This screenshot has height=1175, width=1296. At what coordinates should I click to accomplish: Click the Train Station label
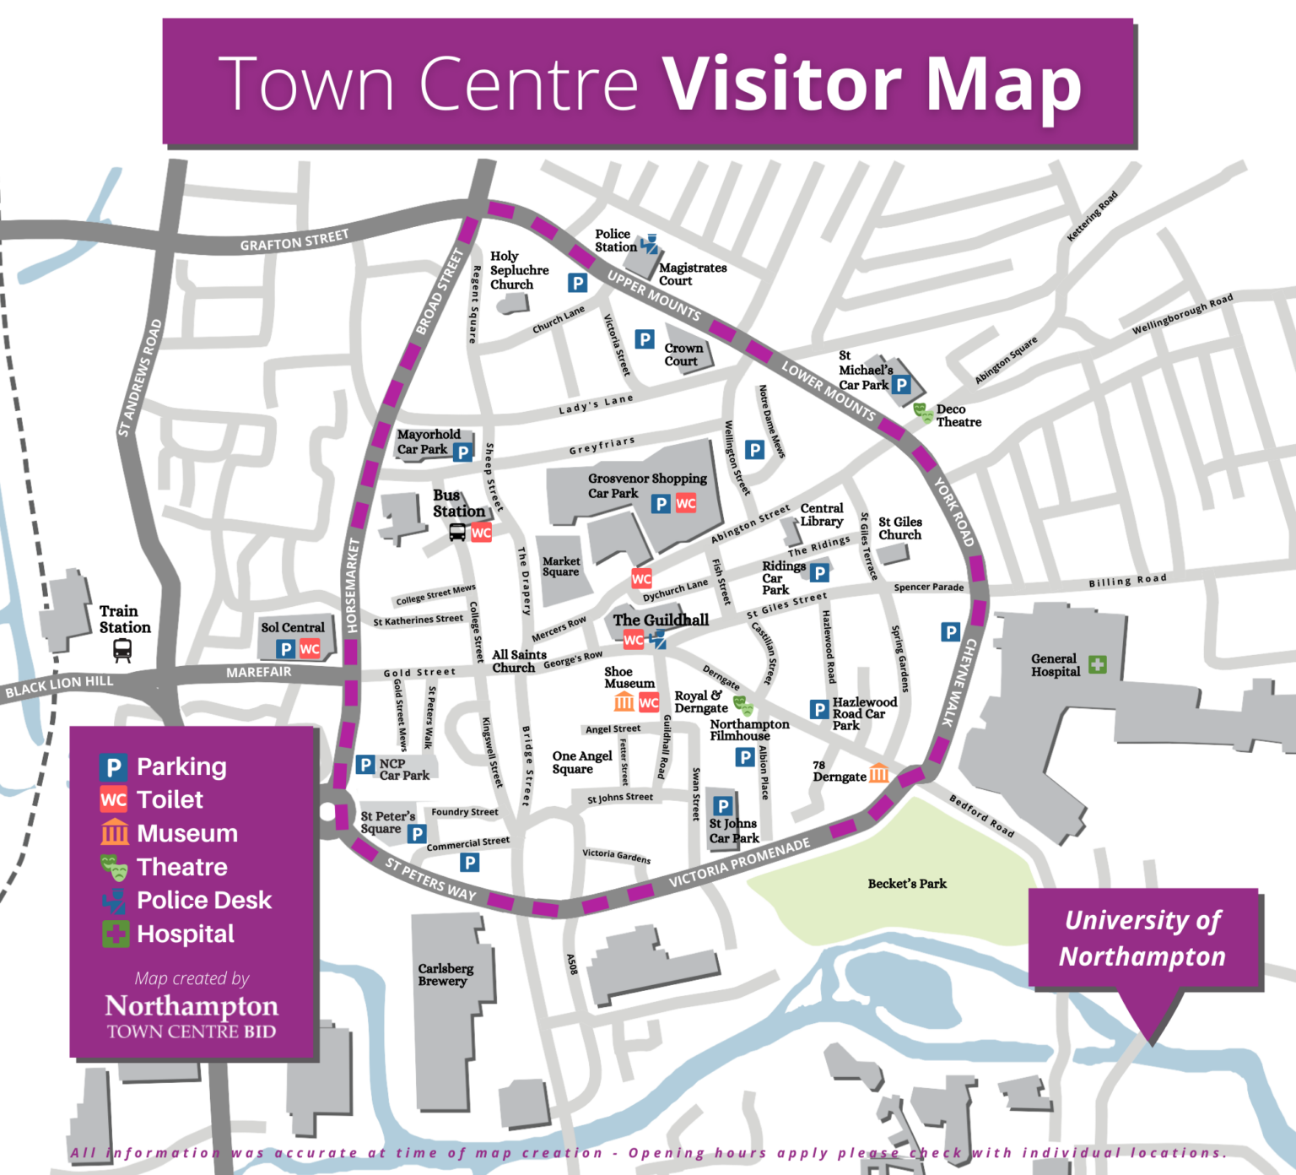pos(125,620)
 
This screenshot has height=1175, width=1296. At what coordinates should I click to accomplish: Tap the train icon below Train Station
pos(122,649)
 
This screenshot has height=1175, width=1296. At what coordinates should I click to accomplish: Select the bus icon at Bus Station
pos(457,533)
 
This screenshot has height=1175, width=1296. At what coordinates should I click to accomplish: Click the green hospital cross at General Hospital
pos(1097,665)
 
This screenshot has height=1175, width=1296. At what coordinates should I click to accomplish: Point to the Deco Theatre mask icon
pos(923,413)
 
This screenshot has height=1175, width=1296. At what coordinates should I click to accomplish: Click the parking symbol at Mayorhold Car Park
pos(462,452)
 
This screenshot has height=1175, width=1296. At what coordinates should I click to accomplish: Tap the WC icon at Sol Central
pos(310,649)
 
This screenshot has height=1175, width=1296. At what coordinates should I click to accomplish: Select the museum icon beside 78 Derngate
pos(878,773)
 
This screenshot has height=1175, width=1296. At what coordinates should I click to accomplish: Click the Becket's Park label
pos(907,884)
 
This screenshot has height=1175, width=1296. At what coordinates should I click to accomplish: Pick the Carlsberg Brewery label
pos(445,975)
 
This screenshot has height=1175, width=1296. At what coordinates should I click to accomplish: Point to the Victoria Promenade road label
pos(739,863)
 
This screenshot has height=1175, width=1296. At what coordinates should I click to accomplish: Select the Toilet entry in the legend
pos(170,799)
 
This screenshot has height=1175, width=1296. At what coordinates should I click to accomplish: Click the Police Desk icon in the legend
pos(113,901)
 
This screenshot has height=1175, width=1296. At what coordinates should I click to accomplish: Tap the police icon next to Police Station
pos(649,245)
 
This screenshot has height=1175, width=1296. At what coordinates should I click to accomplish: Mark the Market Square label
pos(561,566)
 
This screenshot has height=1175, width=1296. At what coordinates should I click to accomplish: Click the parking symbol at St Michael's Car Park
pos(901,385)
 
